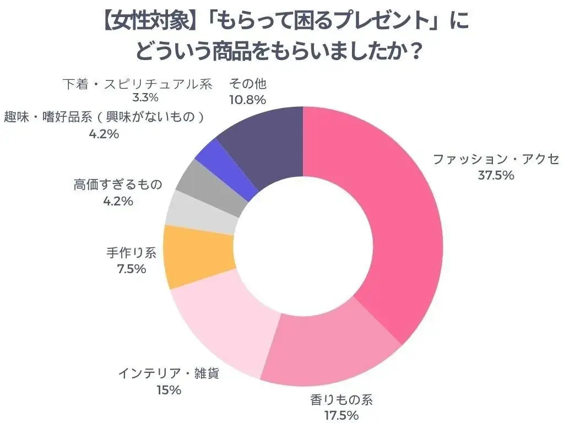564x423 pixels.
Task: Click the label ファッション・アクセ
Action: click(x=496, y=160)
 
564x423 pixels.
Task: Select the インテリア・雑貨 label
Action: click(x=169, y=374)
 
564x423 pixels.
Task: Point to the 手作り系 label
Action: click(x=131, y=253)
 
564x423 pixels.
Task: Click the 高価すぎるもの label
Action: click(x=118, y=185)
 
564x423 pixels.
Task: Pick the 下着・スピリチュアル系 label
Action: click(x=137, y=84)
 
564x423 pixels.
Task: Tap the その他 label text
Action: click(x=247, y=84)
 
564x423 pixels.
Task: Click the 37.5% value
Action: click(x=496, y=176)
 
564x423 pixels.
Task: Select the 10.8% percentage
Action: click(x=247, y=100)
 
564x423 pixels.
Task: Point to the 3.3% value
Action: click(x=146, y=99)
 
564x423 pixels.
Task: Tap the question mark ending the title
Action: click(x=417, y=53)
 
